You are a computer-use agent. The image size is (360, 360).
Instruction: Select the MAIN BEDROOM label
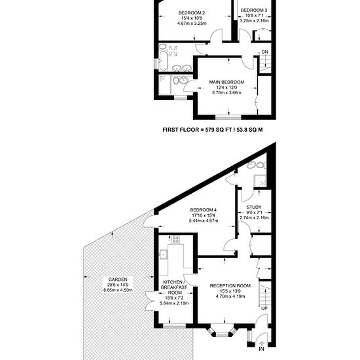point(226,82)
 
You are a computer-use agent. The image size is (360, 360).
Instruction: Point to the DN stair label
point(264,52)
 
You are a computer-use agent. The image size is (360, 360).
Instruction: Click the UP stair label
point(264,308)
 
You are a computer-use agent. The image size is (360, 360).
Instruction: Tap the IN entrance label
point(262,349)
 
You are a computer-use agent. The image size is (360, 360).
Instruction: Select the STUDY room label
point(254,207)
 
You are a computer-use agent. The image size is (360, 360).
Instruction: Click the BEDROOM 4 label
point(204,210)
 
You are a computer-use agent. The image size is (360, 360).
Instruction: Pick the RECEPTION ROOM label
point(230,286)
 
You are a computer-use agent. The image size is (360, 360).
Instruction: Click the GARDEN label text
point(118,279)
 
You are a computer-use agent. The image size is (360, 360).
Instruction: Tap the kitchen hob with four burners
point(175,240)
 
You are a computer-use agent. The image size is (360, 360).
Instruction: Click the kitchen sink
point(164,255)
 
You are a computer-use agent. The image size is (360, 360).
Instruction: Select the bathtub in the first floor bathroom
point(163,61)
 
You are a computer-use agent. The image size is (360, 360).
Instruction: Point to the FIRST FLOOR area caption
point(213,130)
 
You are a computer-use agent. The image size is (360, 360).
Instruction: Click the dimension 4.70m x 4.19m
point(230,297)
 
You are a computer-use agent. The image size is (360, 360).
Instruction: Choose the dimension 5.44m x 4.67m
point(204,221)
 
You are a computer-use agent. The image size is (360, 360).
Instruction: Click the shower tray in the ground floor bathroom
point(260,181)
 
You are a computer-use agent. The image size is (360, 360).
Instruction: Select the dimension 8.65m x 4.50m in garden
point(118,290)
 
